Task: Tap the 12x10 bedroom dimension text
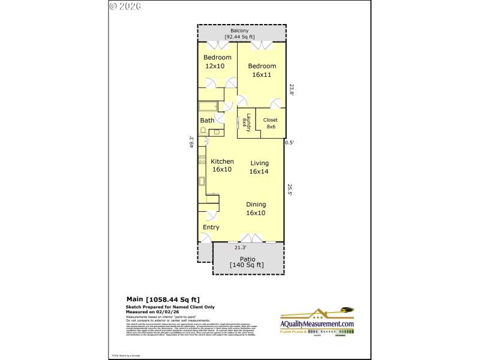(x=215, y=66)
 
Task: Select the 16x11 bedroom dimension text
(x=262, y=74)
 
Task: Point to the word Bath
(x=207, y=121)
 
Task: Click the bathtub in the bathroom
(x=208, y=107)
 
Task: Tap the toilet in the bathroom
(x=217, y=131)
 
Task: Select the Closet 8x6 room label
(x=270, y=123)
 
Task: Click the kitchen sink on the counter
(x=202, y=182)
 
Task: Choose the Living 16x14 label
(x=259, y=167)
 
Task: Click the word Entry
(x=211, y=227)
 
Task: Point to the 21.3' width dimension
(x=241, y=247)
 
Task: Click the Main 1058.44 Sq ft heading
(x=163, y=299)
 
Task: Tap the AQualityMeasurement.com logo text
(x=317, y=324)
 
